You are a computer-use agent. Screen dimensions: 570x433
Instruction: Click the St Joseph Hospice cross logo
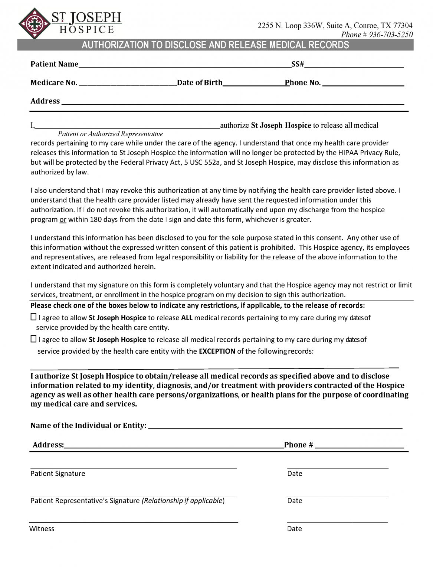coord(35,24)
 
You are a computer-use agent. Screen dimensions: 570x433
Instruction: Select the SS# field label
coord(298,64)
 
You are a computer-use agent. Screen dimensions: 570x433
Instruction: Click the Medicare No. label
coord(54,83)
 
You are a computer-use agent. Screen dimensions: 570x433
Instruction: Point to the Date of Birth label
coord(200,83)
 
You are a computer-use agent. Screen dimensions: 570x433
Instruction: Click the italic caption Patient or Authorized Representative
coord(110,134)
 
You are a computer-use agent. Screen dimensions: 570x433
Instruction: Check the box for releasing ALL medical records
coord(33,317)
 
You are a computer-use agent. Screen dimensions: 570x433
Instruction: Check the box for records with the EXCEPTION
coord(33,339)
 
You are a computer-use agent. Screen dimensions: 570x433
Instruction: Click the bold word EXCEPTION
coord(217,351)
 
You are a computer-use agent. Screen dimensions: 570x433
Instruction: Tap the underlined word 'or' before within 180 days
coord(63,220)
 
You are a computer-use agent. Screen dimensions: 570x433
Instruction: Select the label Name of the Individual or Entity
coord(88,426)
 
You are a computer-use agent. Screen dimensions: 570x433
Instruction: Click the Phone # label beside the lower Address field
coord(299,445)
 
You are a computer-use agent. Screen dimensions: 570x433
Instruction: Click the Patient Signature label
coord(58,474)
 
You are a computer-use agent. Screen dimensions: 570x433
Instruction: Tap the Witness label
coord(42,529)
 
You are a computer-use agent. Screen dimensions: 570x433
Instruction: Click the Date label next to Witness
coord(294,529)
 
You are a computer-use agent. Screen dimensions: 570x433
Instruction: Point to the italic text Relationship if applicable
coord(183,501)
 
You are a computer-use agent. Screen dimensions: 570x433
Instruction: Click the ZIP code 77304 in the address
coord(403,26)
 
